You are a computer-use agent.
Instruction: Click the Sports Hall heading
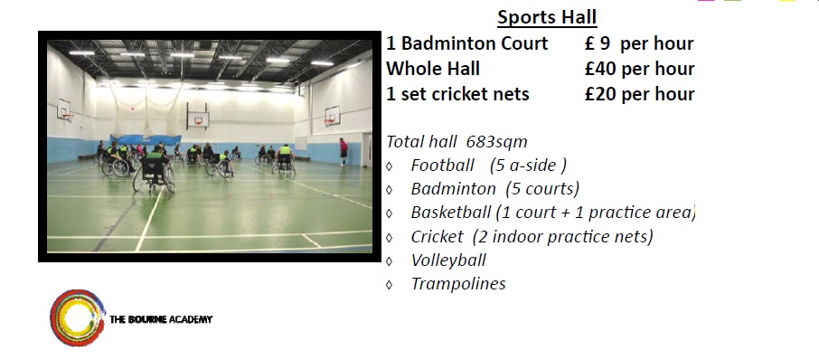[547, 17]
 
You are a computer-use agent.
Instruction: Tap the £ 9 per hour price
[639, 43]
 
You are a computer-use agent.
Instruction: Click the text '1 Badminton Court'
[466, 43]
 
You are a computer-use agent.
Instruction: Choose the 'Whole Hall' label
[433, 69]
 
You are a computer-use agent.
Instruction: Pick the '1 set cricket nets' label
[457, 94]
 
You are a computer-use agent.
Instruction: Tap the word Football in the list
[442, 166]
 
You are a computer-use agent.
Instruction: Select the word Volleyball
[448, 261]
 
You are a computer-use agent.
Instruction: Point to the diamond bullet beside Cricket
[390, 238]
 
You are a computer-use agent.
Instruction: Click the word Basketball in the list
[450, 213]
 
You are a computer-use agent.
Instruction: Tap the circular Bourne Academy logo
[76, 317]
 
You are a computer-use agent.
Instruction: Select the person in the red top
[343, 150]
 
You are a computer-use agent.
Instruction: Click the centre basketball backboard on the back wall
[197, 117]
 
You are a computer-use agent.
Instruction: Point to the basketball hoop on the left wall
[66, 114]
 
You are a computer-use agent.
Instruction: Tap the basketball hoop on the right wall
[332, 117]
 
